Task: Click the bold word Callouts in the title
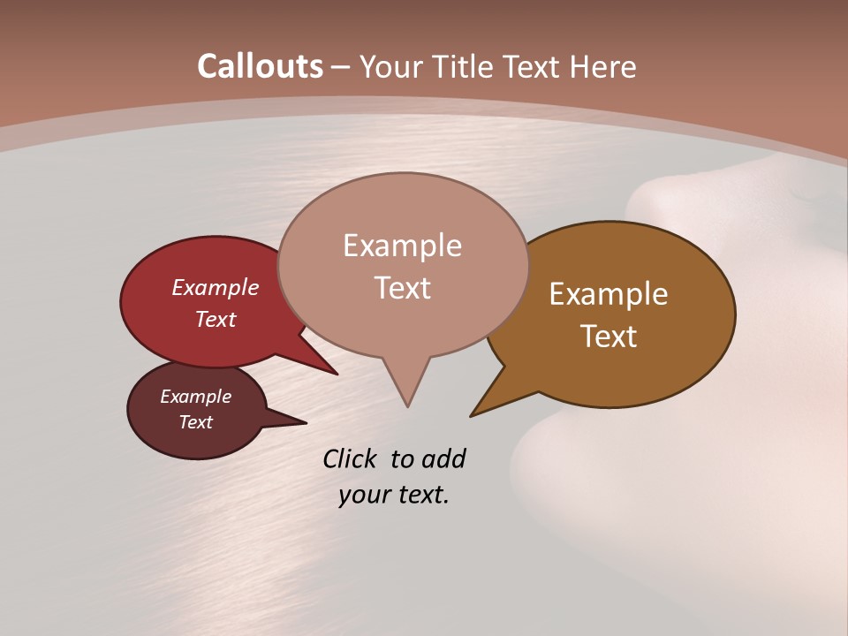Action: tap(260, 66)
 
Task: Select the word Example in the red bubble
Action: tap(215, 287)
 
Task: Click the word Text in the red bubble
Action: tap(215, 319)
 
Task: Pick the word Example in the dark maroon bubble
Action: tap(195, 397)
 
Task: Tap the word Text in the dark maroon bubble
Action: tap(195, 422)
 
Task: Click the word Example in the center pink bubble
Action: tap(402, 245)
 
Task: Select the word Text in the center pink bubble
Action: tap(402, 287)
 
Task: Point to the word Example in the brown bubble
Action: tap(609, 293)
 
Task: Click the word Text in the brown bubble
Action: tap(609, 336)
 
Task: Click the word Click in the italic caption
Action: tap(351, 458)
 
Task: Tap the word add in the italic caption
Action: tap(443, 458)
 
